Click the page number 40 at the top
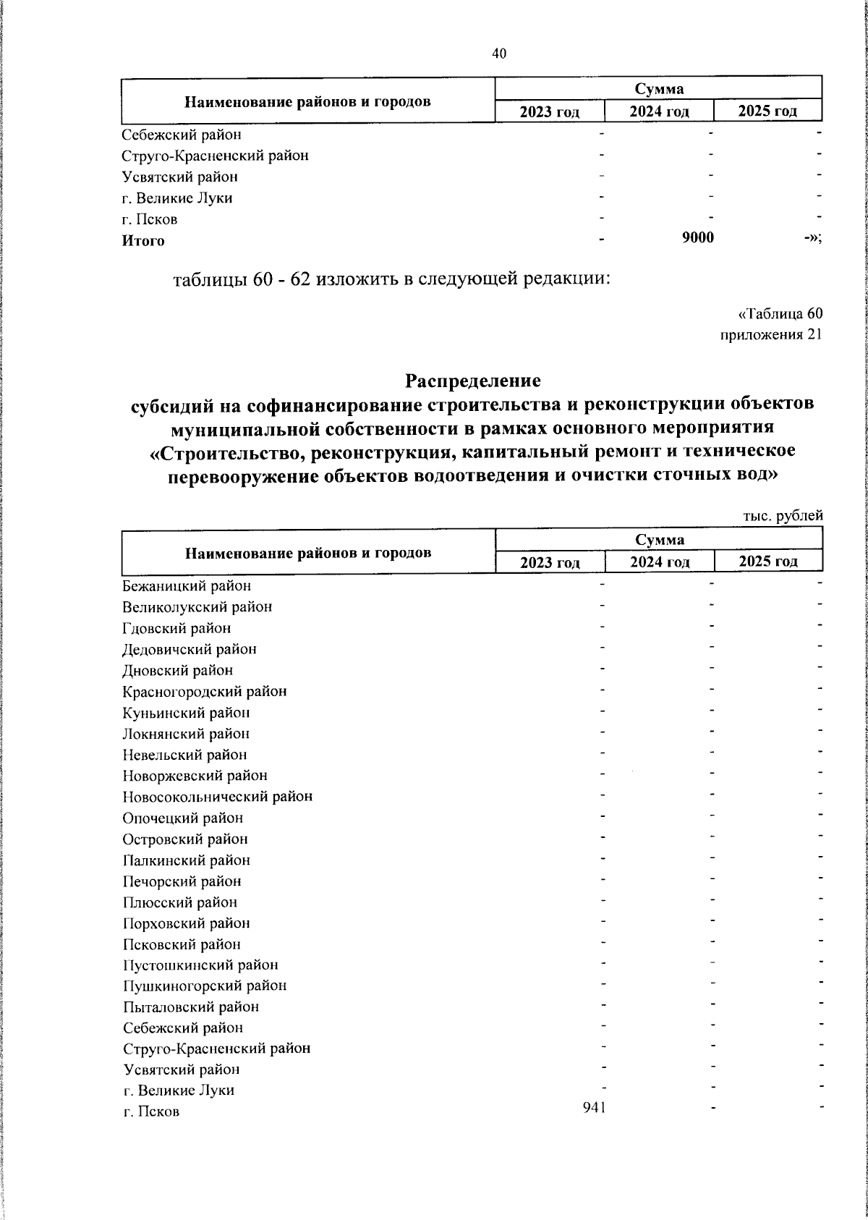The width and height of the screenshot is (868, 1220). [x=499, y=54]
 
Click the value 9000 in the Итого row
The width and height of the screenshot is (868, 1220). [x=698, y=238]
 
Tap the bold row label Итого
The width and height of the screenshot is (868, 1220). [x=143, y=241]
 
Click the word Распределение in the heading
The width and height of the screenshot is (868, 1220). [x=473, y=380]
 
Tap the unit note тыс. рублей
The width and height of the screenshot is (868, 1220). [x=783, y=516]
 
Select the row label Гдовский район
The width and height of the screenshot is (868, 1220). [x=176, y=628]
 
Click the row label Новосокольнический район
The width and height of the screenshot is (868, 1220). [x=218, y=797]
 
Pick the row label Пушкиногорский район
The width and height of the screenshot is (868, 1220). [x=205, y=986]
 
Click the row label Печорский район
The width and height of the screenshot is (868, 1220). [x=182, y=881]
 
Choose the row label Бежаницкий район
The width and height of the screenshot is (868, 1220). [x=187, y=586]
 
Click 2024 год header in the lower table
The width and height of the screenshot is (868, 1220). [x=659, y=562]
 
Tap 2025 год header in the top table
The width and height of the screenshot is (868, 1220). [x=767, y=111]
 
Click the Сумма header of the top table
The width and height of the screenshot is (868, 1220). [x=659, y=89]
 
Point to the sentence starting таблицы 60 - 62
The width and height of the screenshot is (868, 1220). [x=391, y=279]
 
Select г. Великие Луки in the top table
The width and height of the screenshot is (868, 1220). [x=177, y=198]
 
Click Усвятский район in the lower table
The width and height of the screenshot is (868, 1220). [x=181, y=1069]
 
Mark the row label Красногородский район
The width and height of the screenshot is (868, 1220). [x=205, y=691]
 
